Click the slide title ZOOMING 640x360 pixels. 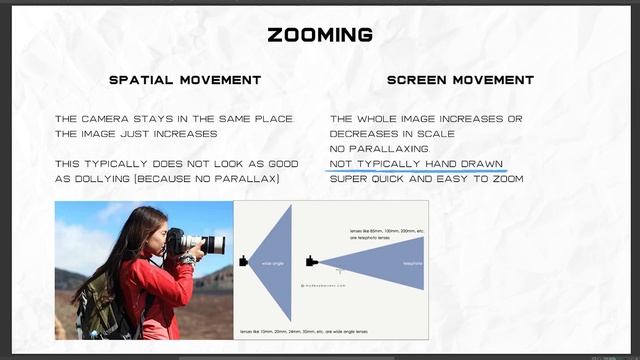click(320, 35)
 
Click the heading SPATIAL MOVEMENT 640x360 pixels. click(184, 80)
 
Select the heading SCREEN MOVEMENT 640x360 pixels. click(460, 80)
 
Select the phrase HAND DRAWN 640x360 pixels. click(464, 163)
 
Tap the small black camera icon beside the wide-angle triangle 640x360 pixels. click(243, 262)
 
